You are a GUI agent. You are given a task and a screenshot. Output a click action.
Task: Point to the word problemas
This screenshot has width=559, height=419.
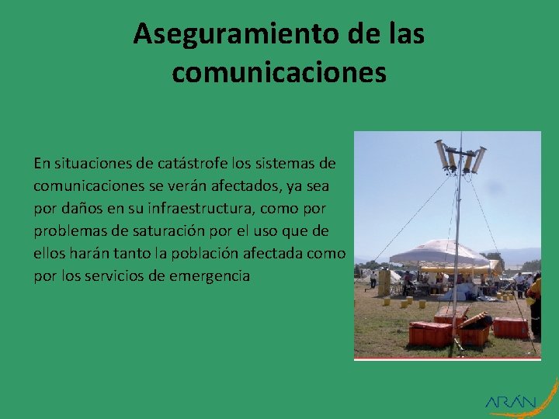click(64, 231)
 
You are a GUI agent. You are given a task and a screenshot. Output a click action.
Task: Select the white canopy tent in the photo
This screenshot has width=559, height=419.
click(439, 253)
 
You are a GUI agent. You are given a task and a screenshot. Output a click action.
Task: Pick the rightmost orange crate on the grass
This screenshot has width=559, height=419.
click(510, 327)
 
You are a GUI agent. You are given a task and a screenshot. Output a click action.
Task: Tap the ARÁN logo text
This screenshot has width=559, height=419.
click(510, 402)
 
